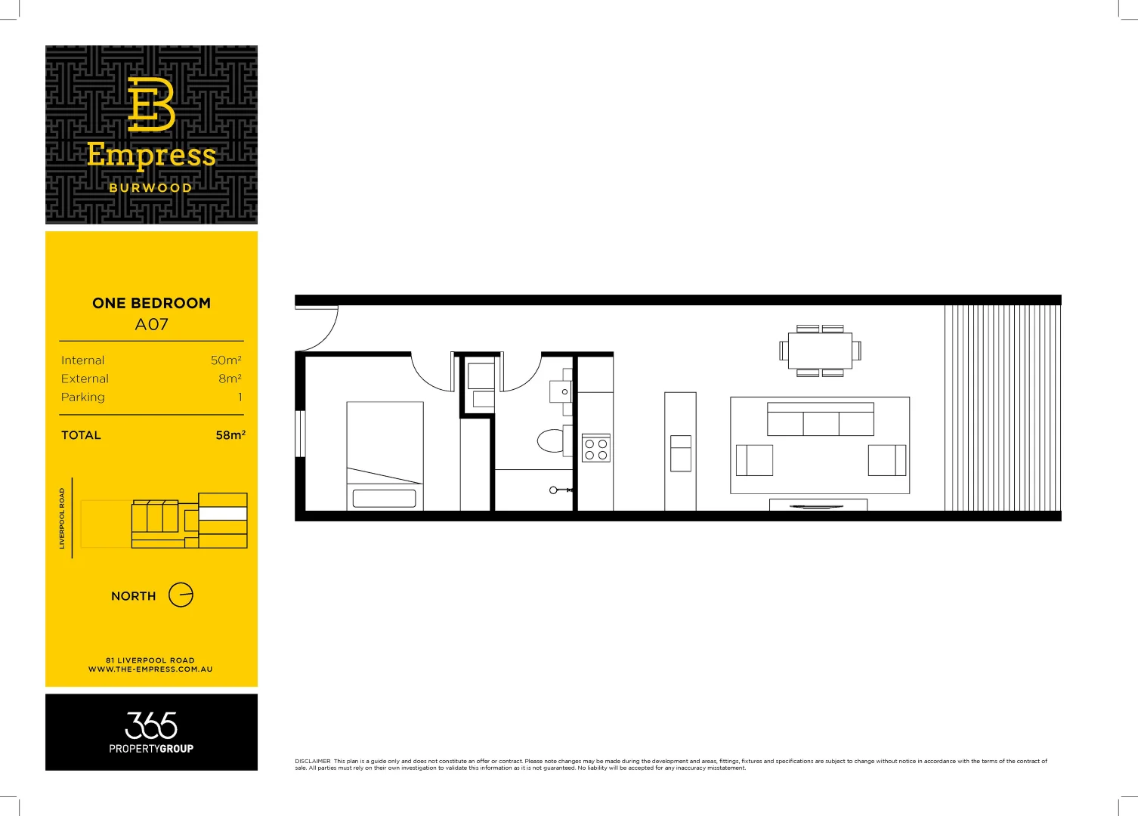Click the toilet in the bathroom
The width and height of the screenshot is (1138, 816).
point(552,440)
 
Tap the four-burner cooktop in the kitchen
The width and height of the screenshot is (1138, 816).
point(595,450)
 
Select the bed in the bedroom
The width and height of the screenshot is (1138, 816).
point(385,455)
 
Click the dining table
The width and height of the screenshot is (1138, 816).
point(820,351)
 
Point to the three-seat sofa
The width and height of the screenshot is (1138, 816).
point(821,420)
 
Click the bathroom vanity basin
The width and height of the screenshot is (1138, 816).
point(562,391)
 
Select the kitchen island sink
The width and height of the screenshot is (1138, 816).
point(680,453)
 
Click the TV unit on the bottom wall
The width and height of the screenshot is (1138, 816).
point(818,505)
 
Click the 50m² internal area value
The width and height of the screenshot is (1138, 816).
point(226,360)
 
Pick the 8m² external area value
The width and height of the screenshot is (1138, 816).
point(230,379)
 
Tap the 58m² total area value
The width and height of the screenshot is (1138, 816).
point(230,435)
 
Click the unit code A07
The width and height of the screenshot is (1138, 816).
point(151,325)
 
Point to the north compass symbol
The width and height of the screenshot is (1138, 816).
point(181,595)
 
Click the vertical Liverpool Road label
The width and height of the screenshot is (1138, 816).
point(62,518)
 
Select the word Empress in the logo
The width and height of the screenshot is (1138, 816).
point(151,155)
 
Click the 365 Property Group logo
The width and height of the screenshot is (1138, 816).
point(151,732)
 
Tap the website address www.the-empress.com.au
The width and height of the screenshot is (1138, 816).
point(150,669)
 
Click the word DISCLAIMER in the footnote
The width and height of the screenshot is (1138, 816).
point(313,761)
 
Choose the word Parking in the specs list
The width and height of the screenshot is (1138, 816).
point(83,397)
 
